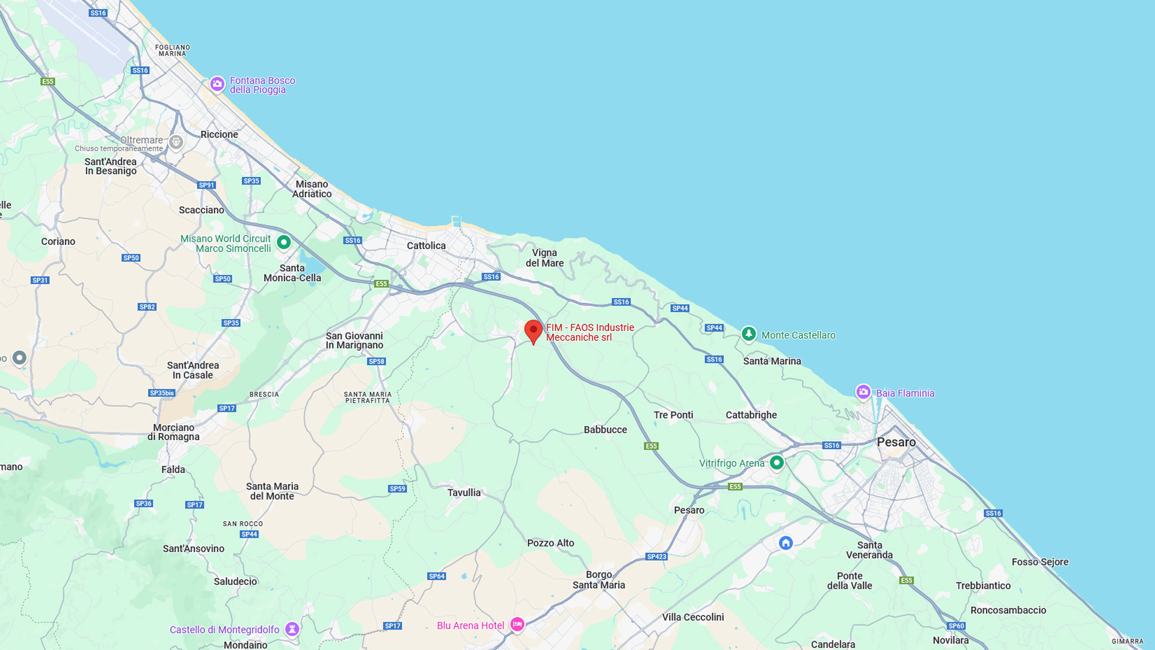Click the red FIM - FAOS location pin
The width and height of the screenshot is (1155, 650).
click(533, 330)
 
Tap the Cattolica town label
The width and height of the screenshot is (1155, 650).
click(426, 246)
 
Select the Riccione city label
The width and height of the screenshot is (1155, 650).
click(219, 134)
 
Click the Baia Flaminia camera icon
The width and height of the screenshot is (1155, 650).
click(863, 392)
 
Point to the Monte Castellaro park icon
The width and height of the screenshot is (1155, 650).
click(748, 333)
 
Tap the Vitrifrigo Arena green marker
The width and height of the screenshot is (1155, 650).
click(777, 462)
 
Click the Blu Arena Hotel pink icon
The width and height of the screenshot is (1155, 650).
click(517, 624)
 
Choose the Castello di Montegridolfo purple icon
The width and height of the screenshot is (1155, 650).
click(292, 628)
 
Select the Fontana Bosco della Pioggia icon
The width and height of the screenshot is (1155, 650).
click(217, 84)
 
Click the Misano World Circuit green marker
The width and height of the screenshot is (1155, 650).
click(283, 242)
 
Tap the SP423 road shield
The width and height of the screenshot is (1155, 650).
click(656, 557)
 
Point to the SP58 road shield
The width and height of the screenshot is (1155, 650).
click(377, 362)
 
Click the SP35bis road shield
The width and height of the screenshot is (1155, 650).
click(162, 393)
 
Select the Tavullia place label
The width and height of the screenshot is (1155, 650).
click(464, 492)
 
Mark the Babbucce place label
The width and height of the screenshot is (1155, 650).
click(605, 430)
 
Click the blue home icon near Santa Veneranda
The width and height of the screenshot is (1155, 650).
click(786, 543)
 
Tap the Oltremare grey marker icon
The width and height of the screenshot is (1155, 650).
click(176, 142)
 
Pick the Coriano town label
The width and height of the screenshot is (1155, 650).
click(58, 241)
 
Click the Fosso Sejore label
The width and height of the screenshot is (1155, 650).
click(1040, 562)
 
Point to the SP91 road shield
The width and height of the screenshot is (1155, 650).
click(206, 185)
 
